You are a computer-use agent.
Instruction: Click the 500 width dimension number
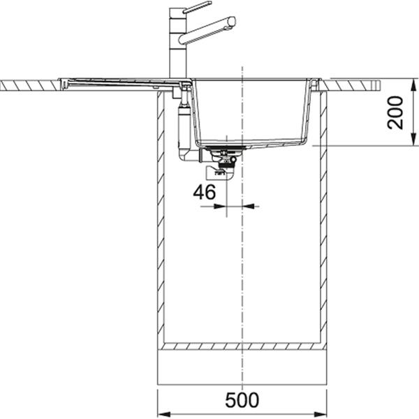pos(242,400)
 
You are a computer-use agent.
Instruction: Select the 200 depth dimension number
pos(396,112)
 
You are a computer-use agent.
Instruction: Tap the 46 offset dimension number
pos(205,192)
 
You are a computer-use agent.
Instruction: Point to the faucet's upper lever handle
pos(198,7)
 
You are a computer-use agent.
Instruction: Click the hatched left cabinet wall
pos(161,223)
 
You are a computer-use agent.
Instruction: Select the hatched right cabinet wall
pos(323,223)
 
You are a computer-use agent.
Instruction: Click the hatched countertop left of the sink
pos(28,85)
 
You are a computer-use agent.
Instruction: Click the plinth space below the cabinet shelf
pos(242,367)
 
